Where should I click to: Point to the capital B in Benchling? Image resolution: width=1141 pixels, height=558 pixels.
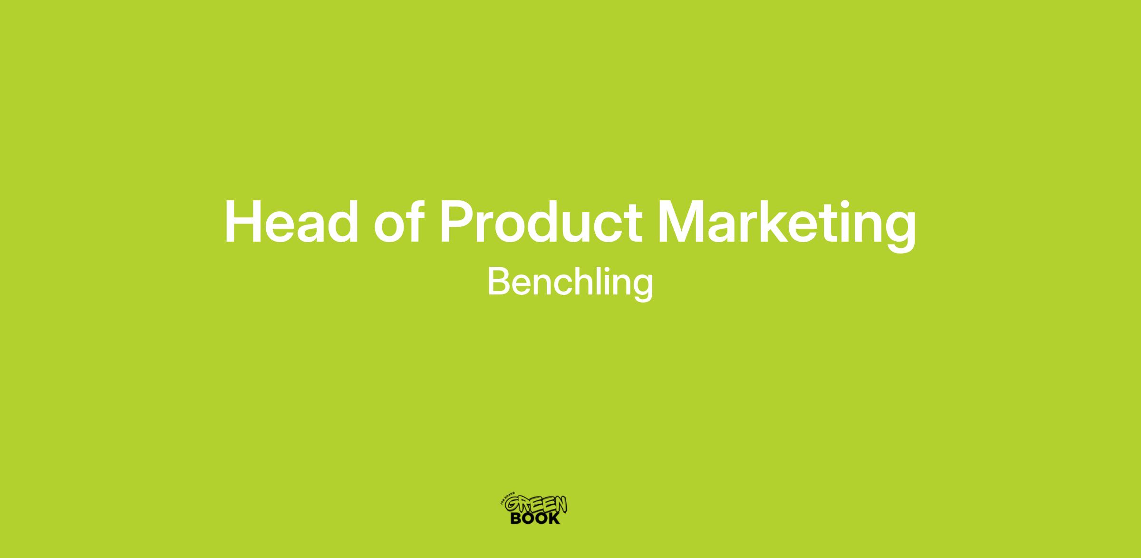click(498, 282)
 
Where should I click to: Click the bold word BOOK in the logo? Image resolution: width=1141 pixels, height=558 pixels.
click(535, 518)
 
